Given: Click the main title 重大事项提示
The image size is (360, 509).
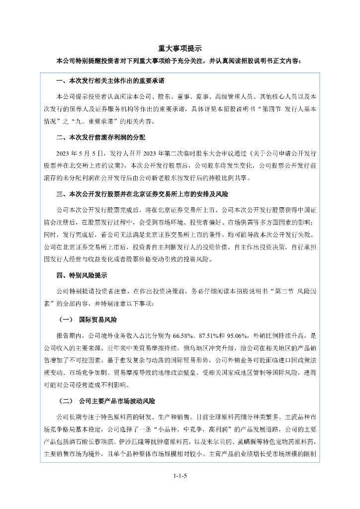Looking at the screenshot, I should (180, 48).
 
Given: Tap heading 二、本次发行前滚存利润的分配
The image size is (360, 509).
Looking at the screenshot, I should (101, 137).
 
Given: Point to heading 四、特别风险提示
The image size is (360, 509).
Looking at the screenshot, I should (82, 275).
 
